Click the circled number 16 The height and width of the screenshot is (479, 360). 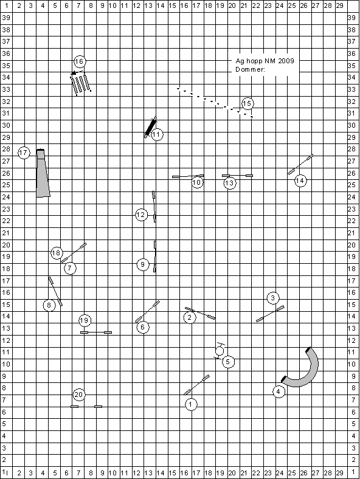pyautogui.click(x=79, y=62)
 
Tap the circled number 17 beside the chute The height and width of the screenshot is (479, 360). pyautogui.click(x=24, y=153)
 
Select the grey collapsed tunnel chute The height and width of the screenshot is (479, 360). pyautogui.click(x=43, y=173)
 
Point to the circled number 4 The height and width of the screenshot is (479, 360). pyautogui.click(x=279, y=391)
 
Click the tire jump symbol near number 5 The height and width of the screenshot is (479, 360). pyautogui.click(x=220, y=351)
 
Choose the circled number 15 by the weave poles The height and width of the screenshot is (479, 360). pyautogui.click(x=247, y=103)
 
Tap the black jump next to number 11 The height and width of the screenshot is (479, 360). pyautogui.click(x=150, y=127)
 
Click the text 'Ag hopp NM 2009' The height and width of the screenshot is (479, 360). pyautogui.click(x=265, y=61)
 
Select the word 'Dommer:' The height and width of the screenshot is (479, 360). pyautogui.click(x=250, y=70)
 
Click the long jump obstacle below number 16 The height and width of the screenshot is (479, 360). pyautogui.click(x=81, y=84)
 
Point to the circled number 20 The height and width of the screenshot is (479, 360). pyautogui.click(x=79, y=395)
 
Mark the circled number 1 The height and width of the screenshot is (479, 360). pyautogui.click(x=191, y=405)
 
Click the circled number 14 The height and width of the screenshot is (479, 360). pyautogui.click(x=300, y=181)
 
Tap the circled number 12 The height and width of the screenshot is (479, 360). pyautogui.click(x=141, y=215)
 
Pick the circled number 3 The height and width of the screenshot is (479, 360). pyautogui.click(x=273, y=298)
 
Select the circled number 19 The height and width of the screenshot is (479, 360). pyautogui.click(x=85, y=320)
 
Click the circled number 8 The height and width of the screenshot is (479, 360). pyautogui.click(x=49, y=305)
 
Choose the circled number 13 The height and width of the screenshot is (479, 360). pyautogui.click(x=229, y=184)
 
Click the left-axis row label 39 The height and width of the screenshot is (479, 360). pyautogui.click(x=6, y=18)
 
